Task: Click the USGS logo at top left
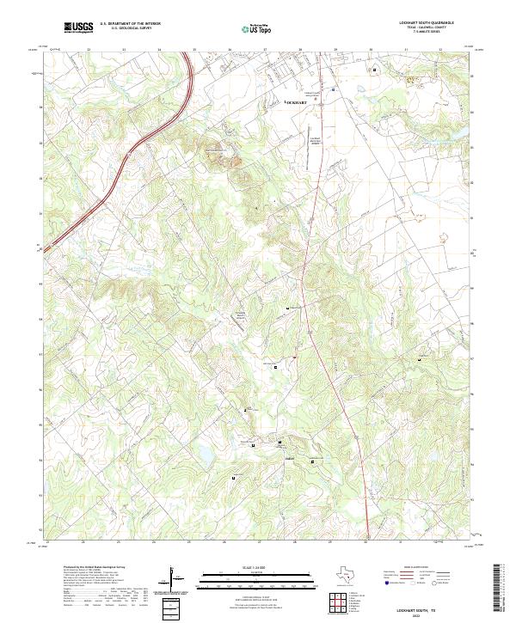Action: tap(79, 27)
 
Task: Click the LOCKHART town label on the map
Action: tap(296, 101)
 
